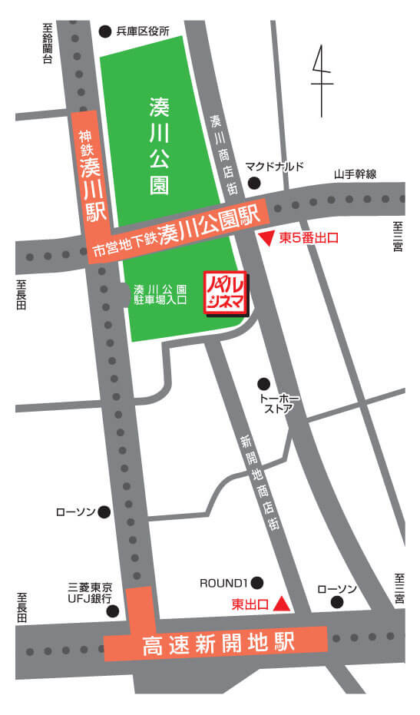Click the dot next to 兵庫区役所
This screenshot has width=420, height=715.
pos(105,31)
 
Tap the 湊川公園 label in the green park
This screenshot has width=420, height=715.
pos(159,151)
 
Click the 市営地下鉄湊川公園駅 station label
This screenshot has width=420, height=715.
pos(177,228)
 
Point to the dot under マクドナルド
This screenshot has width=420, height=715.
pos(253,183)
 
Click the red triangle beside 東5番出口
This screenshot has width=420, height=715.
pos(266,239)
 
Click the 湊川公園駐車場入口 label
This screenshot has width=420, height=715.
pos(160,296)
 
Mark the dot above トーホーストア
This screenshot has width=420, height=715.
pos(264,383)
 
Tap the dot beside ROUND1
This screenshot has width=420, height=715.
pos(257,582)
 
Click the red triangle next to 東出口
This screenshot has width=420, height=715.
pos(283,604)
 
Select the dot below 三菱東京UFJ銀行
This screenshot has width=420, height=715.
pos(113,611)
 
